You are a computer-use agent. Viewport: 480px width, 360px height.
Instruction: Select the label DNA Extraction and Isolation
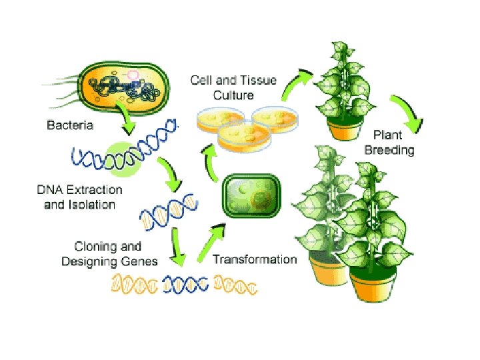79,197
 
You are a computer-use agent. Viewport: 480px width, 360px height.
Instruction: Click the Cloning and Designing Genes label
109,254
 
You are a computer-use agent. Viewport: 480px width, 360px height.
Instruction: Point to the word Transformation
255,259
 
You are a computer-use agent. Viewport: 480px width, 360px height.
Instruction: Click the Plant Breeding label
389,143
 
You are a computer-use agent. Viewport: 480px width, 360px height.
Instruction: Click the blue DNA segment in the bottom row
186,285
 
